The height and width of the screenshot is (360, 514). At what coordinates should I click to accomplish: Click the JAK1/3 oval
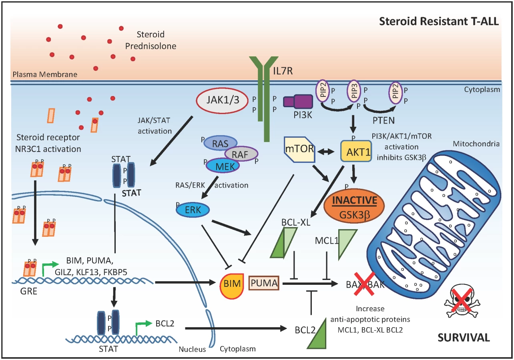(x=222, y=100)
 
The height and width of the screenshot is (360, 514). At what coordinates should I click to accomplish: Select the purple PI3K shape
(x=298, y=101)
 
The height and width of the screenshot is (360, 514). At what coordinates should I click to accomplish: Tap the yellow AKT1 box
(x=356, y=151)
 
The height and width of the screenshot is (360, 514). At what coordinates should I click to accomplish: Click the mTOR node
(x=299, y=149)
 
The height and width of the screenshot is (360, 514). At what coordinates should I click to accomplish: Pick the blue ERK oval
(x=193, y=210)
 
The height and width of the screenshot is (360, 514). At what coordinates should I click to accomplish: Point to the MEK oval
(x=223, y=166)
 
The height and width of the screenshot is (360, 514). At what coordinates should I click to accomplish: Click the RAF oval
(x=241, y=154)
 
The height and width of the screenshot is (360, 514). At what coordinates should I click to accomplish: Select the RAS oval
(x=220, y=143)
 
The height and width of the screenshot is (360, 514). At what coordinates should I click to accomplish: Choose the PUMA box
(x=264, y=283)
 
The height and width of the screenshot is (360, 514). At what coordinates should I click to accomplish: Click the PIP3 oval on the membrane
(x=353, y=91)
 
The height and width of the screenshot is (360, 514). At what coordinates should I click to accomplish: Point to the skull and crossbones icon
(x=462, y=303)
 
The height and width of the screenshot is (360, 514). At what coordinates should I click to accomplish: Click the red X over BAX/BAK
(x=364, y=284)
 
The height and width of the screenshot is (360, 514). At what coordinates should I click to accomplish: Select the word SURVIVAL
(x=464, y=338)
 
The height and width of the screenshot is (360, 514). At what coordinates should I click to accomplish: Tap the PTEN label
(x=383, y=121)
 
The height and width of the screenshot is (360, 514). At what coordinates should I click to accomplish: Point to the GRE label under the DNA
(x=29, y=291)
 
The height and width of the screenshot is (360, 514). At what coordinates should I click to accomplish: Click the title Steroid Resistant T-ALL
(x=439, y=21)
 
